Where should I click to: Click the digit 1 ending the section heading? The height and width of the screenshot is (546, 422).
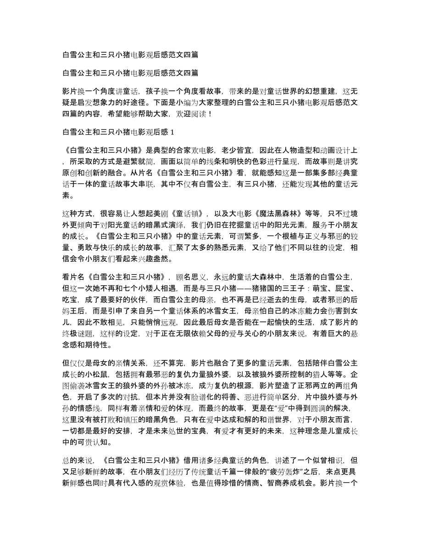click(x=172, y=132)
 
